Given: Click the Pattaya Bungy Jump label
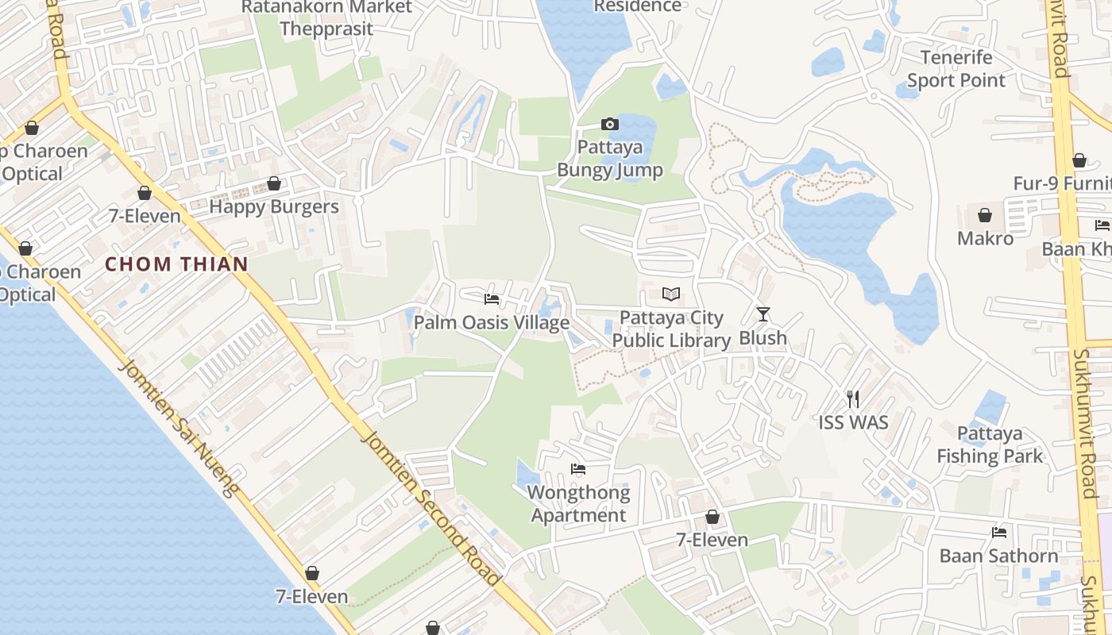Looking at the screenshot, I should pos(609,159).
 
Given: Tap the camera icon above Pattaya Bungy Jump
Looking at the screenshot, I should pos(610,124).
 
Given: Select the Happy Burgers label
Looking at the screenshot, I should pos(274,207).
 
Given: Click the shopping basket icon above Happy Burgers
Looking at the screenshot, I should pos(274,183).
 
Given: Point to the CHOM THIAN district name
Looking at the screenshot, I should pos(177,264).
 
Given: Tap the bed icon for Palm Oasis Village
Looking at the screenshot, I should pos(492,299).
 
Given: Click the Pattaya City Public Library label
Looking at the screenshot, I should pos(671,329).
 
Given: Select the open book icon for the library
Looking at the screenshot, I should pos(671,294).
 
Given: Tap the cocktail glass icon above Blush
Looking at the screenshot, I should pos(763,314).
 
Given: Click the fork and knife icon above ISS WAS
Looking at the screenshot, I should pos(853,398).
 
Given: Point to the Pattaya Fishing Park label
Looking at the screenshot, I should pos(990,444).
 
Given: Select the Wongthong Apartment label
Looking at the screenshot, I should pos(578,504).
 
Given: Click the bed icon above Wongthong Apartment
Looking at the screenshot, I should pos(578,469).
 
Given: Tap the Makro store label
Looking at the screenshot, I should pos(985,238).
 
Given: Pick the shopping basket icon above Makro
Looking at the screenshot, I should pos(985,215).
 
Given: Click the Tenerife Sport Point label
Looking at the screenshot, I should pos(956,69).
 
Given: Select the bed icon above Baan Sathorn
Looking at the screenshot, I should pos(999,533).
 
